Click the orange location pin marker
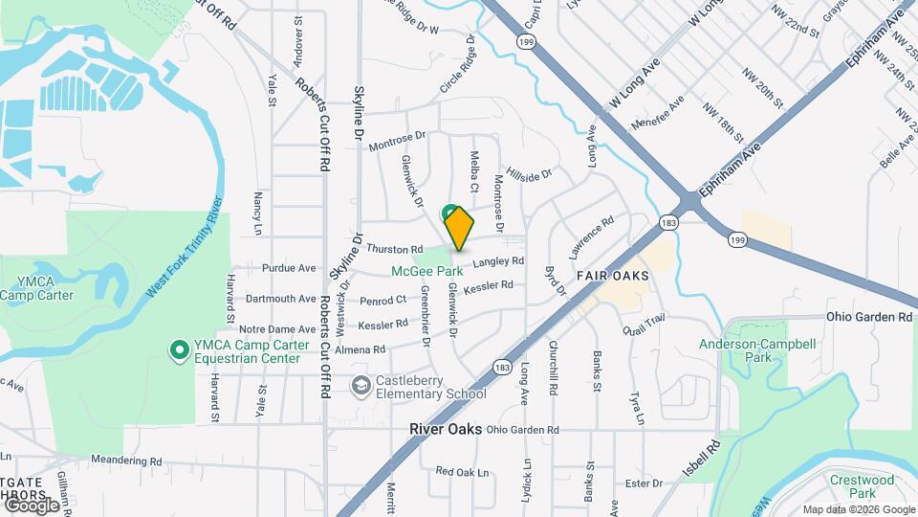pyautogui.click(x=459, y=228)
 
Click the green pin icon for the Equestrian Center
pyautogui.click(x=178, y=351)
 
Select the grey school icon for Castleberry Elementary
pyautogui.click(x=361, y=387)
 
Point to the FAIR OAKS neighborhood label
pyautogui.click(x=613, y=276)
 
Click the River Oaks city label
pyautogui.click(x=445, y=429)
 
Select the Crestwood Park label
pyautogui.click(x=862, y=485)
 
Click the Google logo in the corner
pyautogui.click(x=32, y=505)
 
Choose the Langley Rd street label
pyautogui.click(x=498, y=261)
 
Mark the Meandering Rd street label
pyautogui.click(x=129, y=461)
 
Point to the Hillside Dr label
pyautogui.click(x=530, y=174)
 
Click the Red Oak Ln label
pyautogui.click(x=462, y=472)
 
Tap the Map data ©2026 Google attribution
pyautogui.click(x=858, y=509)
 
